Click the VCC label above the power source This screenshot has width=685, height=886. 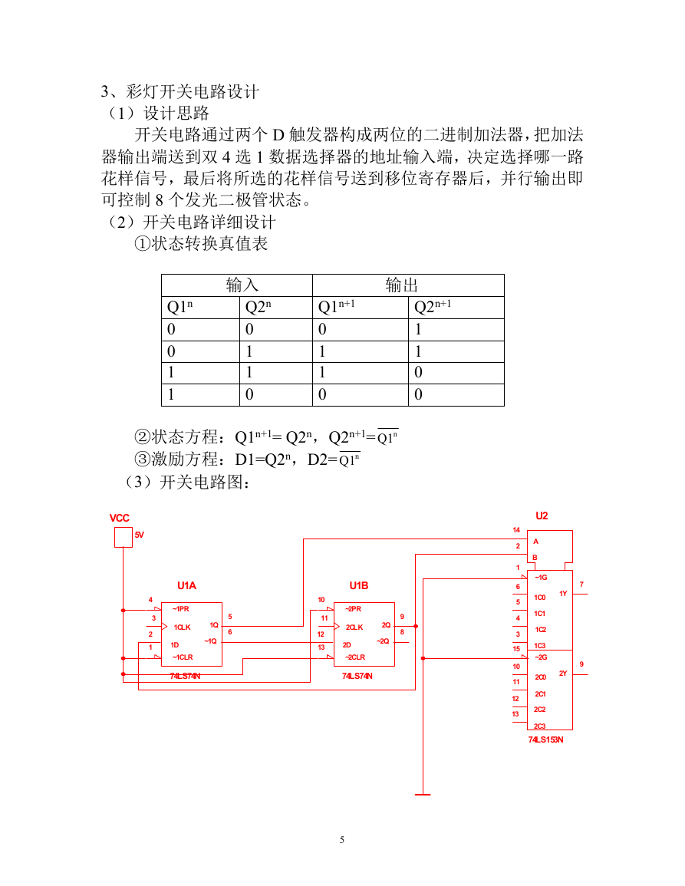click(119, 518)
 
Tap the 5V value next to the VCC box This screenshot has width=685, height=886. click(139, 535)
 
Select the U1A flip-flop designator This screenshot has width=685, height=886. click(186, 585)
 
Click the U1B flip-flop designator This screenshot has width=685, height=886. click(359, 585)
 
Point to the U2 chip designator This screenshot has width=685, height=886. click(542, 515)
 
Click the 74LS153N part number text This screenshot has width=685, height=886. click(545, 739)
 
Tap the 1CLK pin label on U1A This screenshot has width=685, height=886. click(182, 627)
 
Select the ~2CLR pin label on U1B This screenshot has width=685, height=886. click(355, 657)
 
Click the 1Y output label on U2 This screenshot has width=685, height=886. click(563, 593)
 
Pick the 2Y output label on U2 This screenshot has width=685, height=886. click(563, 673)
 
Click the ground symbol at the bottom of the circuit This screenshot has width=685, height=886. click(423, 795)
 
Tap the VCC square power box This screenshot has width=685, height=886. click(123, 537)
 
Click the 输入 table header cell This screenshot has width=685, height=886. click(242, 285)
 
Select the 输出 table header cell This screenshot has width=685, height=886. click(402, 285)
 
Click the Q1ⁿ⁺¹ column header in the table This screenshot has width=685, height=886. click(336, 307)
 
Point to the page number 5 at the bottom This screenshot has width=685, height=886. click(342, 840)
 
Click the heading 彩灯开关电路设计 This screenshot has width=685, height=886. click(193, 91)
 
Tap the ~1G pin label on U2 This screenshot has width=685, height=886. click(541, 578)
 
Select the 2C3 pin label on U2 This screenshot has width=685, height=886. click(540, 726)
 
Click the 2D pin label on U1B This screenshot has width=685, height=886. click(347, 644)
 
